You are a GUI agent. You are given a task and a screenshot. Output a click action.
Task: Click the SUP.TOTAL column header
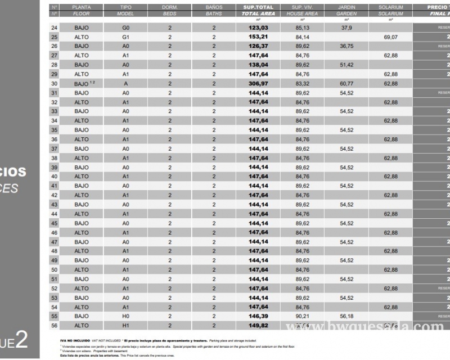(x=258, y=7)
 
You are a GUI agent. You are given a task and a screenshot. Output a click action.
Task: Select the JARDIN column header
(x=346, y=7)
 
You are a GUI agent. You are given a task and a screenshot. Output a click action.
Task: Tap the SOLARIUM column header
(x=391, y=7)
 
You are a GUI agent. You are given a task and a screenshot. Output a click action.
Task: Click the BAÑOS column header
(x=214, y=7)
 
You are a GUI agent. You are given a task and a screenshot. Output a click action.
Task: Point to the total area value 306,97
(x=258, y=83)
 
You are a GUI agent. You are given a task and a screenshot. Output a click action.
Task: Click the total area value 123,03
(x=258, y=28)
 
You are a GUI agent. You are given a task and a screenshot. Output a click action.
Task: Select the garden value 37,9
(x=346, y=28)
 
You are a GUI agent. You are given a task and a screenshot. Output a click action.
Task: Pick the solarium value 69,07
(x=391, y=37)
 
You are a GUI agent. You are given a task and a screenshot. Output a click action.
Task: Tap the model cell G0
(x=125, y=28)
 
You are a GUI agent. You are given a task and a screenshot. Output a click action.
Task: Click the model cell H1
(x=125, y=326)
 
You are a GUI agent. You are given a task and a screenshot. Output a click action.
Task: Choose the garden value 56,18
(x=346, y=316)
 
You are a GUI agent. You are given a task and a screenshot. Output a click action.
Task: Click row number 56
(x=55, y=326)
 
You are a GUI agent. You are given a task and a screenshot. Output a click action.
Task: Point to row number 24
(x=55, y=28)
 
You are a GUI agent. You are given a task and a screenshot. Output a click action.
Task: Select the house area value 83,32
(x=302, y=83)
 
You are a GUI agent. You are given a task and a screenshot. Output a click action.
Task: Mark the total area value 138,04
(x=258, y=65)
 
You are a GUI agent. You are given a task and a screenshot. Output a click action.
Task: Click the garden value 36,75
(x=346, y=46)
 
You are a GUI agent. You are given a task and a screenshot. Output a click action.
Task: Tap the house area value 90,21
(x=302, y=316)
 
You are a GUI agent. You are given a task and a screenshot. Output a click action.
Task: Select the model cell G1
(x=125, y=37)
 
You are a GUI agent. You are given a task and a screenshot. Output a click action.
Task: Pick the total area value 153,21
(x=258, y=37)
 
